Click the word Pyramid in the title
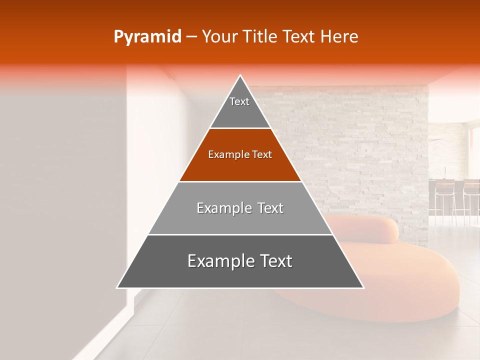point(147,37)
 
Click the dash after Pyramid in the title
point(191,37)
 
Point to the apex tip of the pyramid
point(240,76)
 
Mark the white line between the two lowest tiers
point(240,234)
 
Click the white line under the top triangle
point(240,128)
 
